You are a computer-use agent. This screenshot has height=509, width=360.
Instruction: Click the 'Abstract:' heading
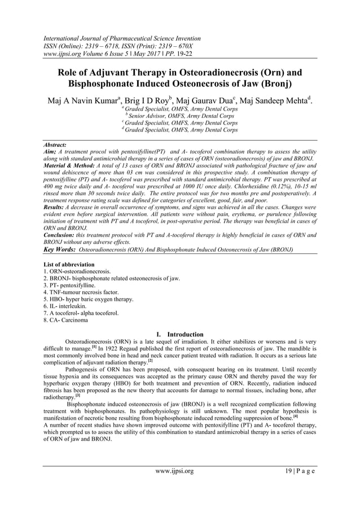click(55, 145)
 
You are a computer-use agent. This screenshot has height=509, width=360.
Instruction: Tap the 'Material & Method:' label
click(68, 166)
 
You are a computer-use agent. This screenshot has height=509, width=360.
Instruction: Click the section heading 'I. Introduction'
click(179, 335)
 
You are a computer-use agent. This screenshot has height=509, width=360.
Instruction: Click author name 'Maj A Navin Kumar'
click(86, 102)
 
